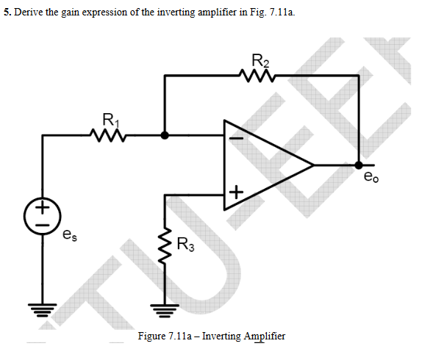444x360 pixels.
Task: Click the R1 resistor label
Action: point(108,118)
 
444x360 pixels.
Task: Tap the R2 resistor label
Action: point(260,60)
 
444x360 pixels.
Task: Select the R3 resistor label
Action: point(187,245)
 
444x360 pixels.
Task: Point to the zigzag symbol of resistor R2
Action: point(257,74)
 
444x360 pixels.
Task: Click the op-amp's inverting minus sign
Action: point(236,136)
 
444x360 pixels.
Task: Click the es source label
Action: point(68,236)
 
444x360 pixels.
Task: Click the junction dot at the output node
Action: point(358,165)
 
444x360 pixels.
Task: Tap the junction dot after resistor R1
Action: point(165,135)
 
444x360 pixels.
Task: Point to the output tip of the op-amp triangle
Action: point(314,165)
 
